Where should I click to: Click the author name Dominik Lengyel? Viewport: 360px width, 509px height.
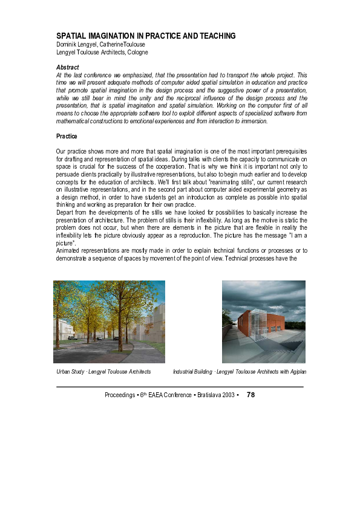(x=76, y=44)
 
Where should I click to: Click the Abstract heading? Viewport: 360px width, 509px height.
(x=67, y=67)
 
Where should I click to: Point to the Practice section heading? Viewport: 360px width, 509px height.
(x=67, y=137)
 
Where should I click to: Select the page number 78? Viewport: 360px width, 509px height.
(x=251, y=394)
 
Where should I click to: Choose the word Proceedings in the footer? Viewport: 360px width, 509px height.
(x=119, y=395)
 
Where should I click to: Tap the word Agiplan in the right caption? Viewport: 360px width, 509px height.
(x=294, y=371)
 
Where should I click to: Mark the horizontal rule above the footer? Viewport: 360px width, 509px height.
(x=180, y=386)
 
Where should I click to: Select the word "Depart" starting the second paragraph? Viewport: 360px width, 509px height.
(x=65, y=212)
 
